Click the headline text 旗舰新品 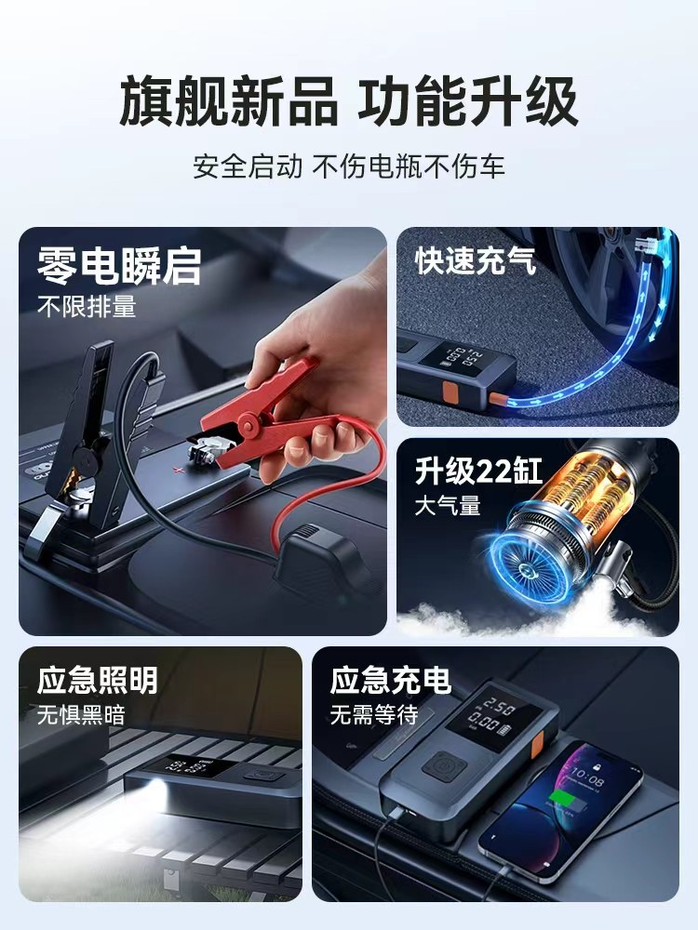click(x=229, y=102)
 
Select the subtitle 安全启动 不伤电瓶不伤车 click(x=349, y=166)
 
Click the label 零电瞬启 click(x=119, y=265)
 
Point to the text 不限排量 click(x=87, y=307)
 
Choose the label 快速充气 click(x=476, y=261)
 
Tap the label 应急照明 click(x=98, y=681)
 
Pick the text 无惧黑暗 click(x=81, y=714)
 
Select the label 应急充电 click(x=391, y=681)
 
